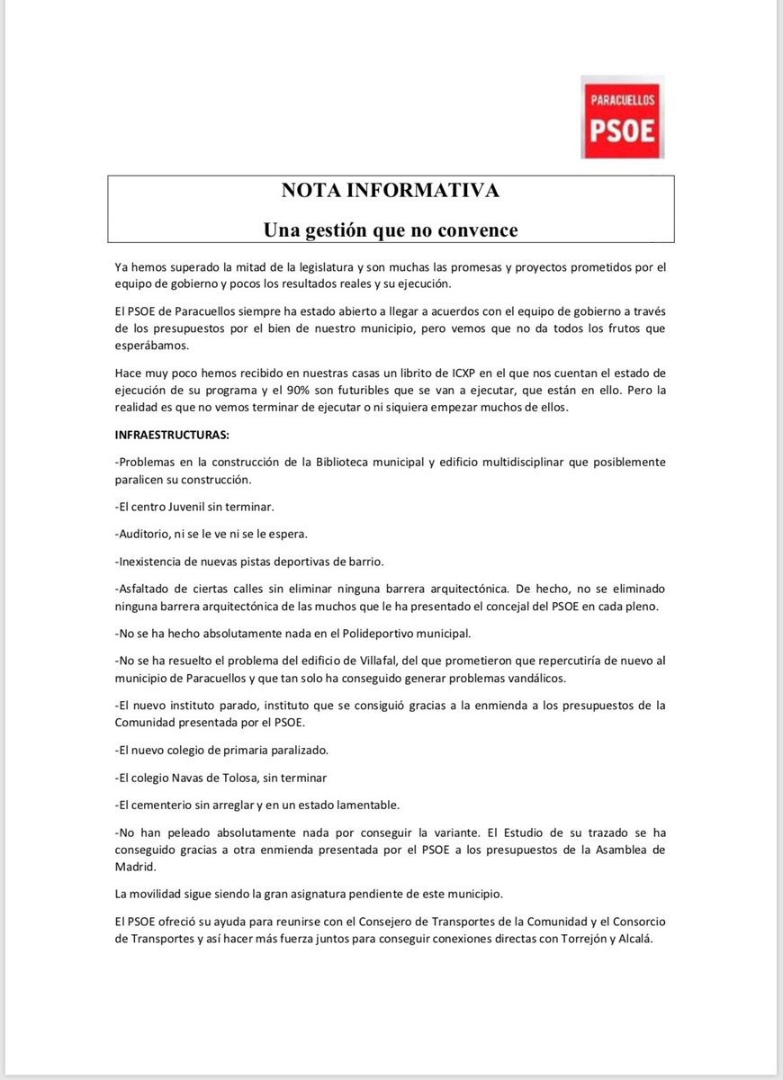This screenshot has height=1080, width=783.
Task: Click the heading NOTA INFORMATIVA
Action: pos(391,191)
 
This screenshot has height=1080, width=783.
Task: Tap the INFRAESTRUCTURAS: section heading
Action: pos(173,435)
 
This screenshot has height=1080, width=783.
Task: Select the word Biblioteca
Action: pos(346,462)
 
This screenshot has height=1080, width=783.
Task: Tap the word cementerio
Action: pos(170,804)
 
